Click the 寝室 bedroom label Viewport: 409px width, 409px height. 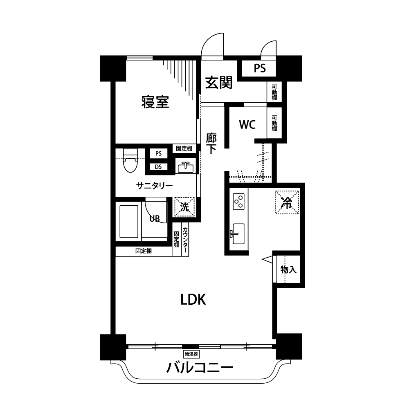click(155, 102)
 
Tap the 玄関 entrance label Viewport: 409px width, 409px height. click(218, 83)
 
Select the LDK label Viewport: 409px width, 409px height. click(193, 299)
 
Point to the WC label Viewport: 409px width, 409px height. click(247, 125)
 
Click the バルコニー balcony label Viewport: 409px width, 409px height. click(200, 368)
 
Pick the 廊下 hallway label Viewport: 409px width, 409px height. click(211, 143)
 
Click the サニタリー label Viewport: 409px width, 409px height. click(154, 186)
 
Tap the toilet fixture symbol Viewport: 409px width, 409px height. click(130, 161)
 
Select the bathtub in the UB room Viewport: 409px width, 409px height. click(128, 221)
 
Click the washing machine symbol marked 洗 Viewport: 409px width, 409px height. click(184, 207)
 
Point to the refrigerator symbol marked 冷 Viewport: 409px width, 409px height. click(287, 202)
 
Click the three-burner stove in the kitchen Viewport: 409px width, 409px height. click(238, 201)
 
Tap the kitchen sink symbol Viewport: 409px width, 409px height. click(238, 234)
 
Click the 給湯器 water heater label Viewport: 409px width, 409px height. click(191, 354)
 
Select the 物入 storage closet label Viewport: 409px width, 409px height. click(288, 270)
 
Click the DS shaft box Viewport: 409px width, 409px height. click(158, 167)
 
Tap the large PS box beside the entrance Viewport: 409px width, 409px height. click(259, 68)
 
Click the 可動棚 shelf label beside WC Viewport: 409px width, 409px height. click(274, 123)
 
